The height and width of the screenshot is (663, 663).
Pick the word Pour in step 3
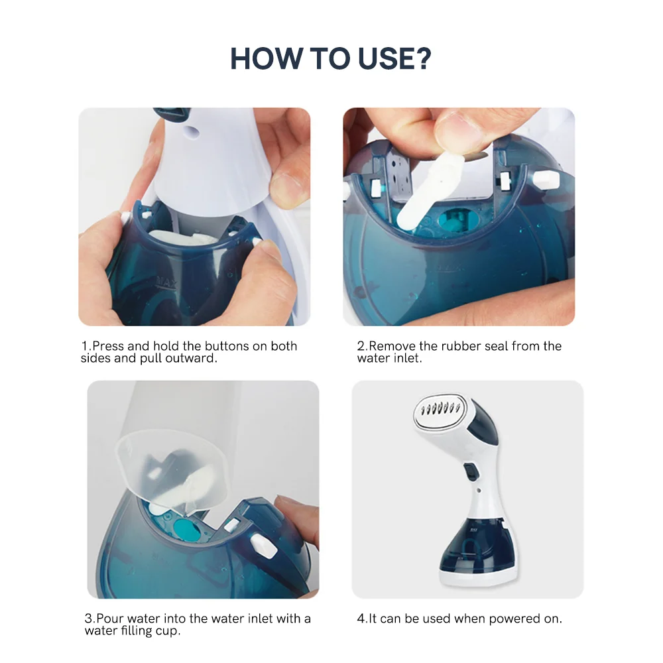click(110, 618)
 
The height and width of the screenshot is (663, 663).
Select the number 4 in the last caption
click(361, 619)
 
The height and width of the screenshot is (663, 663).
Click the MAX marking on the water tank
click(167, 282)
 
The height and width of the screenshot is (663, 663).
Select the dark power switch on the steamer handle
click(470, 472)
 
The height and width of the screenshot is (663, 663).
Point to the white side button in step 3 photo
click(263, 544)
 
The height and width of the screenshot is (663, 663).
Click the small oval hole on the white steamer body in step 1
click(192, 131)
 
